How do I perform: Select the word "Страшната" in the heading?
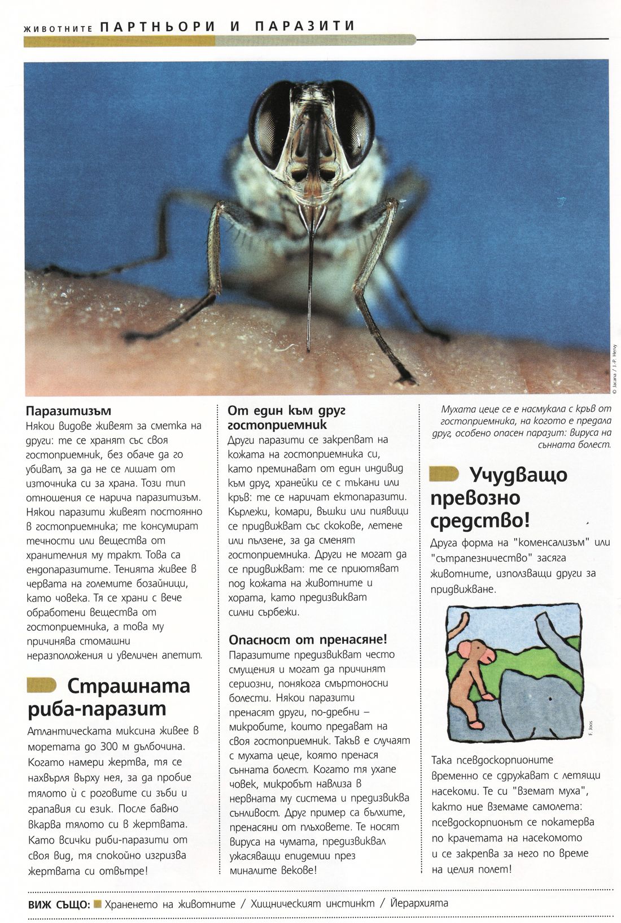click(129, 687)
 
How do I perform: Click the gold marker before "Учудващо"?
click(444, 474)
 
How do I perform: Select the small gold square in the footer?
click(97, 903)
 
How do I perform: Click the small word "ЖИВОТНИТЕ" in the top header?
click(55, 28)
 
